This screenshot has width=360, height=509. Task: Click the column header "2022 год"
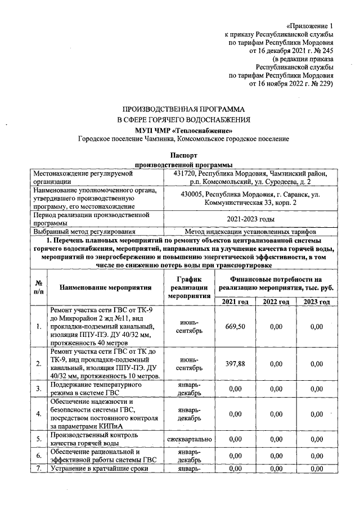click(x=276, y=302)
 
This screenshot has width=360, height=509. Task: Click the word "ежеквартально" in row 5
click(x=189, y=439)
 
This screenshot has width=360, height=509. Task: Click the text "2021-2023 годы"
click(x=250, y=218)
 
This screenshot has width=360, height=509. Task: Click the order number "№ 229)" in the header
click(x=321, y=83)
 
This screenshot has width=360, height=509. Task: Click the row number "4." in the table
click(x=38, y=414)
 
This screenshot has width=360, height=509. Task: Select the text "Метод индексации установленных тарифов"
click(x=250, y=231)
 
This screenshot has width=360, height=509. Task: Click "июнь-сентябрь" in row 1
click(x=189, y=327)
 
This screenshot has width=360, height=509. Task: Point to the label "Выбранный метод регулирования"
click(x=84, y=231)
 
